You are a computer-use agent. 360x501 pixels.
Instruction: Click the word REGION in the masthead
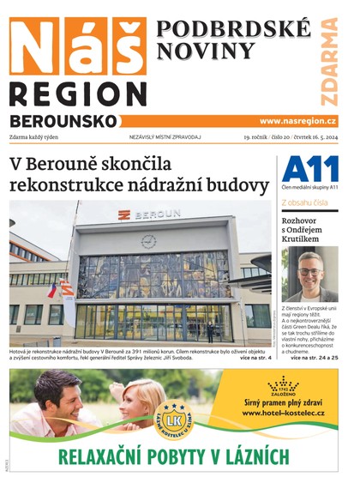[78, 94]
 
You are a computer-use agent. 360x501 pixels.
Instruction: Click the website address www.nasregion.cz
[297, 122]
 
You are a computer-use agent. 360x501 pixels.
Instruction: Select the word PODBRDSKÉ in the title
[233, 29]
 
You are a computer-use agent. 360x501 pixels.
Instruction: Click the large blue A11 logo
[309, 169]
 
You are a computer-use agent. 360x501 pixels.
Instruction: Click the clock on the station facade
[148, 241]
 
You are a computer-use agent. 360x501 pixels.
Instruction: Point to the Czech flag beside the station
[53, 291]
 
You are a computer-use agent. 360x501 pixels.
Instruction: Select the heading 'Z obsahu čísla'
[304, 202]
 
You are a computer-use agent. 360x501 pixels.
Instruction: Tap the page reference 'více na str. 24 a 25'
[315, 357]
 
